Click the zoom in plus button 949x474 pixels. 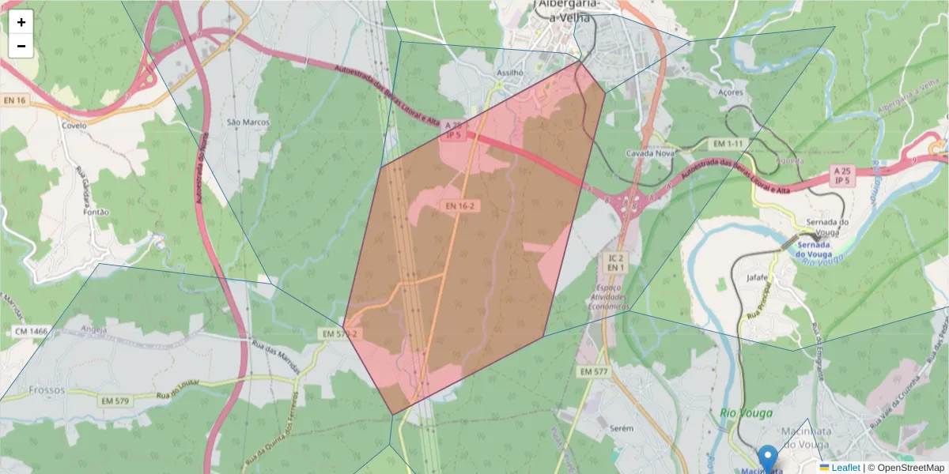point(21,22)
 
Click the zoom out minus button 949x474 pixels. point(21,46)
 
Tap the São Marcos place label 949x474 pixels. point(248,122)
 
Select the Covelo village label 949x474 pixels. point(74,126)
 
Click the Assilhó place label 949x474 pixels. point(510,72)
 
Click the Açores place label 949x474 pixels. point(731,92)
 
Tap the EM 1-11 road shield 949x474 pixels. point(728,144)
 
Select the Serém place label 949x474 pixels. point(622,427)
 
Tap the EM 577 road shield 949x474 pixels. point(593,371)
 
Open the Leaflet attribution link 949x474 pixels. point(845,468)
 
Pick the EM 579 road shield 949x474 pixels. point(114,402)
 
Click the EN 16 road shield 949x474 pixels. point(14,100)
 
